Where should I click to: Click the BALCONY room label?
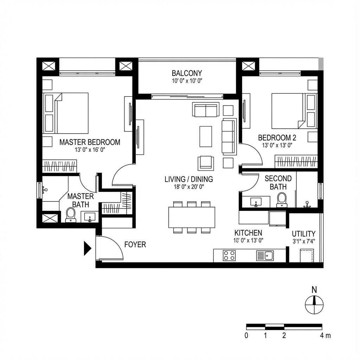click(187, 73)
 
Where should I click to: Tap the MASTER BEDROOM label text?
click(90, 142)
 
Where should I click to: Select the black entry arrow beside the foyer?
click(87, 248)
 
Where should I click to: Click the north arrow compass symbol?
click(314, 304)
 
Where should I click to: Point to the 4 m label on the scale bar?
click(326, 335)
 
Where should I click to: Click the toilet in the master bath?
click(71, 214)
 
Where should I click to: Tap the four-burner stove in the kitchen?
click(229, 255)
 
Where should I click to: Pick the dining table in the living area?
click(192, 217)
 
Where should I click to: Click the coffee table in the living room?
click(206, 136)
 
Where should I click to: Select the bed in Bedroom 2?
click(288, 111)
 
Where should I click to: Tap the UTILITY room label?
click(304, 234)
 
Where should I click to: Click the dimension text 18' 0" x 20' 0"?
click(189, 187)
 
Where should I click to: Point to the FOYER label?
click(135, 245)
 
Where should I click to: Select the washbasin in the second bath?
click(256, 202)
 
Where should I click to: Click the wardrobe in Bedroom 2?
click(296, 162)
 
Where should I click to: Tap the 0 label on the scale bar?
click(246, 335)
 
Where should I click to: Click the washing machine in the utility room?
click(307, 256)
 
